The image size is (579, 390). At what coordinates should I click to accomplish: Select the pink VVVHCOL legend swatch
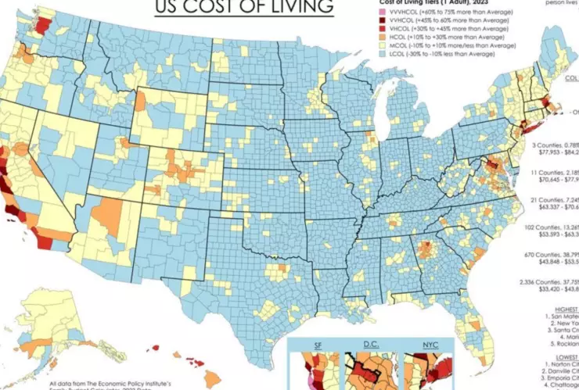[372, 13]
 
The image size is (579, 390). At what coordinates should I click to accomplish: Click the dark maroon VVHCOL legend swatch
[372, 22]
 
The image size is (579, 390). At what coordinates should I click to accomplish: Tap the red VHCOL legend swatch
[372, 30]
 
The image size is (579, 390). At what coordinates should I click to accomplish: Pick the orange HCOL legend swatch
[372, 38]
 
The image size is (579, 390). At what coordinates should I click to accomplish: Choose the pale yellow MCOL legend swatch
[372, 46]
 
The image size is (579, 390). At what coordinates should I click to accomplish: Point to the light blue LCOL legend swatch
[372, 54]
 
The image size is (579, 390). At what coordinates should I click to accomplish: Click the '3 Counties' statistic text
[555, 145]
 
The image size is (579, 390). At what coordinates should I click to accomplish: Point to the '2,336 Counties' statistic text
[555, 281]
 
